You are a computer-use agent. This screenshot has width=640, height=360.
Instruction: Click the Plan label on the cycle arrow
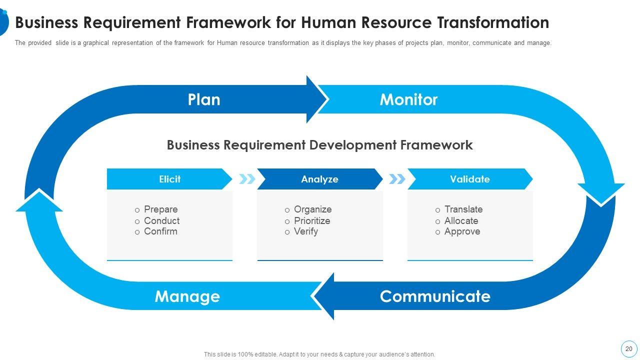pyautogui.click(x=204, y=99)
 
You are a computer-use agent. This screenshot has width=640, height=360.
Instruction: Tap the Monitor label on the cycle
pyautogui.click(x=408, y=99)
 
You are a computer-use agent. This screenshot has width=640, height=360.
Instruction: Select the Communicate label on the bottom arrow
pyautogui.click(x=435, y=296)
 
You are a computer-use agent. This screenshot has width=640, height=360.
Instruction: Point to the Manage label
pyautogui.click(x=187, y=297)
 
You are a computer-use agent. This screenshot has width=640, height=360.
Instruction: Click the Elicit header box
pyautogui.click(x=169, y=179)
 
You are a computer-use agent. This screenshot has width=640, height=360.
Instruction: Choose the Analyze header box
pyautogui.click(x=320, y=179)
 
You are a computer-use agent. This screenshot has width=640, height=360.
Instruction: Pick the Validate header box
pyautogui.click(x=470, y=179)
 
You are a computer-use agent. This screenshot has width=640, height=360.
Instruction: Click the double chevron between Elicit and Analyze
pyautogui.click(x=247, y=179)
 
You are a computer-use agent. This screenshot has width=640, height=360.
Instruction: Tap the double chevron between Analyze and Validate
pyautogui.click(x=397, y=179)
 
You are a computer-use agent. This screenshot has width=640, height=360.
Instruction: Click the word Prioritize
pyautogui.click(x=312, y=221)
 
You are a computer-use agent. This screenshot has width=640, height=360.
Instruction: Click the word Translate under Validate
pyautogui.click(x=463, y=209)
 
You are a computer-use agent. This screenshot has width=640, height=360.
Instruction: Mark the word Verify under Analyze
pyautogui.click(x=306, y=231)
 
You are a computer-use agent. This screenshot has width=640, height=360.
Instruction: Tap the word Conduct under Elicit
pyautogui.click(x=161, y=221)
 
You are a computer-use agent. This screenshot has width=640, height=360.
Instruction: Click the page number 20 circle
pyautogui.click(x=629, y=349)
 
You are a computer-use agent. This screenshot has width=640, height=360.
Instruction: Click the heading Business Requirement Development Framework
pyautogui.click(x=319, y=145)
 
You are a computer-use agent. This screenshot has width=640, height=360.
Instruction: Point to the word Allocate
pyautogui.click(x=461, y=221)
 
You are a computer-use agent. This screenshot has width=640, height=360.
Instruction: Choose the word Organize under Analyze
pyautogui.click(x=313, y=209)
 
